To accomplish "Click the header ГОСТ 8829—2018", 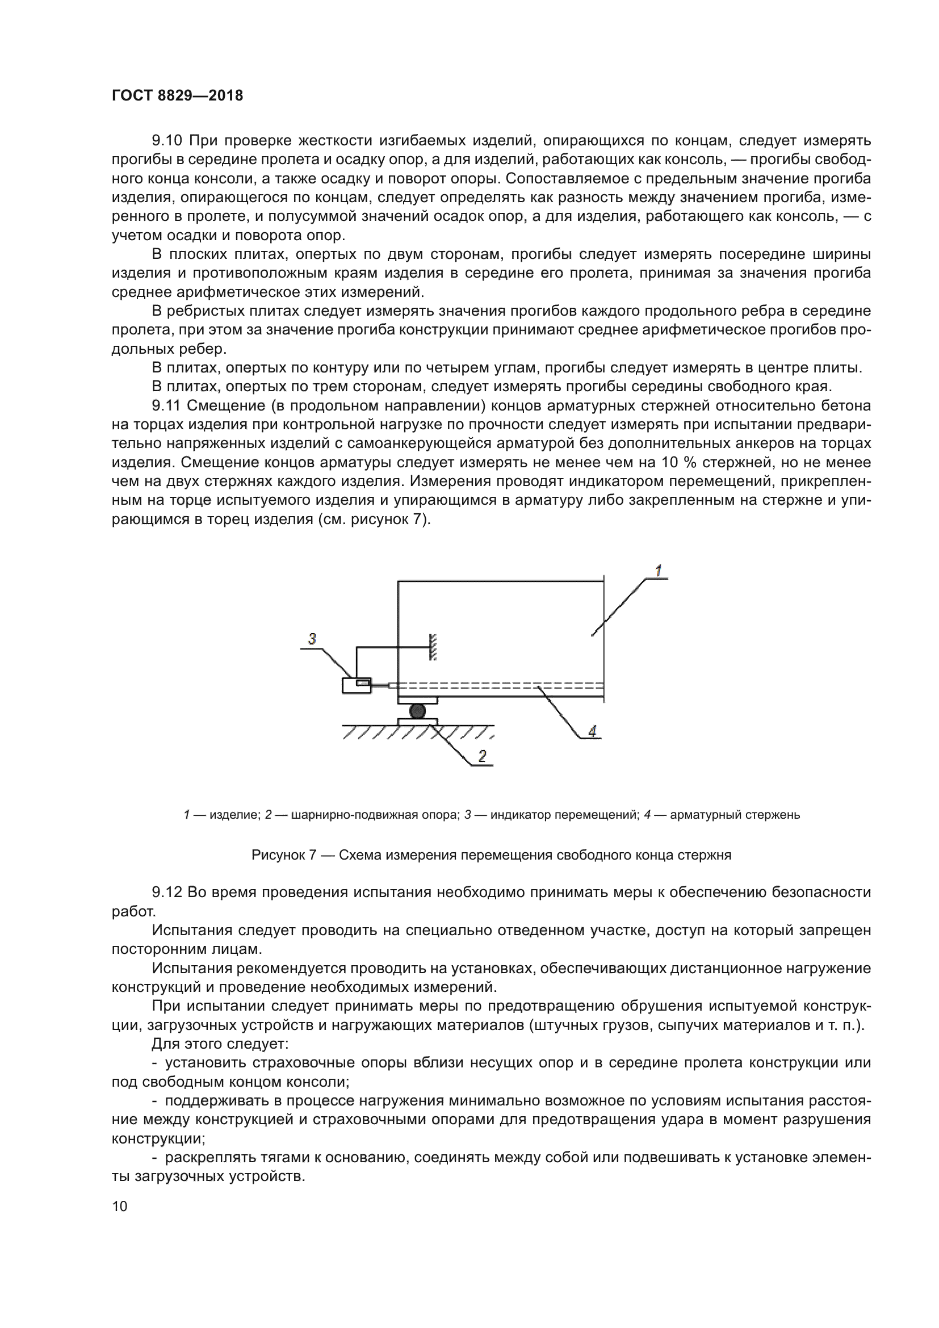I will point(177,95).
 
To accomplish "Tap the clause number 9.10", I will point(166,141).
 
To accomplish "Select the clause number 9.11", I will point(166,405).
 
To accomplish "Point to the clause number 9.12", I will point(166,893).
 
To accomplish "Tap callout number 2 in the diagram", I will point(482,755).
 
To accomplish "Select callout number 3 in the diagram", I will point(312,639).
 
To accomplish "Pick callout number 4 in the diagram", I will point(592,731).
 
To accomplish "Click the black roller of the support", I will point(417,711).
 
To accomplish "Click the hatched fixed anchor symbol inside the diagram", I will point(433,647).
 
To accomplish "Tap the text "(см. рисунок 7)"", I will point(374,519).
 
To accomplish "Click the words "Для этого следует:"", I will point(220,1044).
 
